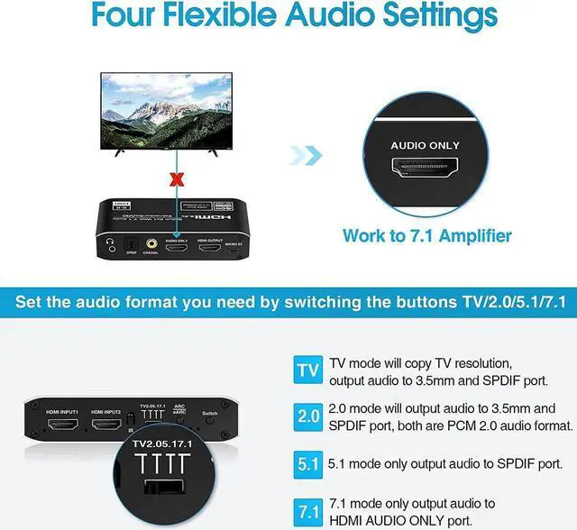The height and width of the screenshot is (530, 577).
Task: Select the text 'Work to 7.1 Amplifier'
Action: coord(427,236)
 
